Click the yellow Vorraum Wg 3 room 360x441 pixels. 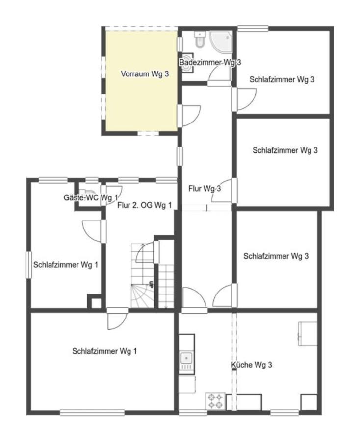(141, 81)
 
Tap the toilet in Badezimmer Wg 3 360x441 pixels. (200, 39)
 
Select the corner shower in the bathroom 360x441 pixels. (221, 42)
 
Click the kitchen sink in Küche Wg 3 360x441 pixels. (186, 359)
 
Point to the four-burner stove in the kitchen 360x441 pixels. (215, 401)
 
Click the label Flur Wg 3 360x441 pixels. (205, 189)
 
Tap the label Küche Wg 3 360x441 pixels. (252, 365)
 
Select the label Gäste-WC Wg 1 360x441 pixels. (91, 198)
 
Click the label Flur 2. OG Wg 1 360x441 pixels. (144, 205)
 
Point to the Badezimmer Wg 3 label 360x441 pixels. (210, 62)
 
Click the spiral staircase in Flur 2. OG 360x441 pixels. (143, 275)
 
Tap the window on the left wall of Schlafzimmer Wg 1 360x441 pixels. (29, 265)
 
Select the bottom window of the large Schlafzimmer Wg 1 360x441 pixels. (92, 413)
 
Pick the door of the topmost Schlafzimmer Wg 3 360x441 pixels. (244, 99)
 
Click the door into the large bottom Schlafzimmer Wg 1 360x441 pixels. (118, 318)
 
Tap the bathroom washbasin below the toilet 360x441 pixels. (187, 63)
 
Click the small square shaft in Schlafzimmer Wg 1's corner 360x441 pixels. (94, 301)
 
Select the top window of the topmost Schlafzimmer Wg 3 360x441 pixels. (253, 29)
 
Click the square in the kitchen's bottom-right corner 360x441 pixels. (309, 402)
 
